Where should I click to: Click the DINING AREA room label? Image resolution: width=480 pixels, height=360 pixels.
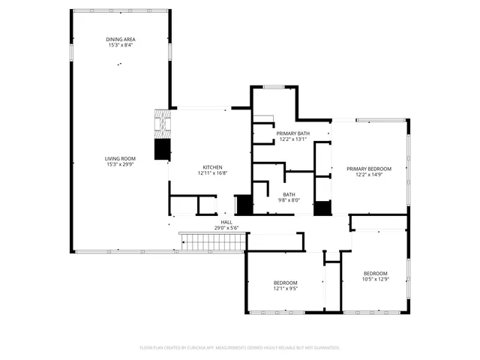[120, 39]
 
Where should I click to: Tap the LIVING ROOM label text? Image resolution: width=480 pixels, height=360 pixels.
[120, 158]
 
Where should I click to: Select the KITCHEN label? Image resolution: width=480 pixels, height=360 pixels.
[212, 167]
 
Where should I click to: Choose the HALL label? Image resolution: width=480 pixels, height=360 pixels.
[226, 221]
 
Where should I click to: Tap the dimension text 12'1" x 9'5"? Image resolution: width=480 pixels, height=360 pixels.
[285, 288]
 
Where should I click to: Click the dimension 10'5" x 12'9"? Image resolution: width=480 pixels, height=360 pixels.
[375, 279]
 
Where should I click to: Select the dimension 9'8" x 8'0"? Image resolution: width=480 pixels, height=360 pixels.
[289, 200]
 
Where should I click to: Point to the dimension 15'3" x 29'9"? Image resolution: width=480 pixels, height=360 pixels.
[120, 164]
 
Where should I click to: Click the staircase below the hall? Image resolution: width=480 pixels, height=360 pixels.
[212, 242]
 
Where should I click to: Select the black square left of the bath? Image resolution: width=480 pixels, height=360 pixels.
[244, 205]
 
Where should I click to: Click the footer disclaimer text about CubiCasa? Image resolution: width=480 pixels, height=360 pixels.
[240, 348]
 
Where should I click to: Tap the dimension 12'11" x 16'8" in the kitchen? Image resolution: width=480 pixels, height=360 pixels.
[212, 173]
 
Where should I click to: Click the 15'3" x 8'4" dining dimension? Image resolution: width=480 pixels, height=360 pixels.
[120, 45]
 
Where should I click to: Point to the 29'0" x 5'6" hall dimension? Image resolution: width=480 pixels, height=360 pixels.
[226, 227]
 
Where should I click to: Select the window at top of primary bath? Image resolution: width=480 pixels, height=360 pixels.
[273, 87]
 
